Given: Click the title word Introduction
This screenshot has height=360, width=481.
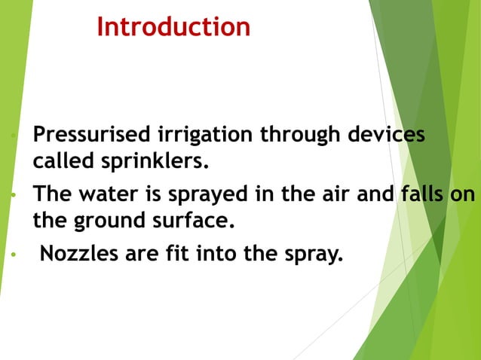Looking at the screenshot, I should [173, 28].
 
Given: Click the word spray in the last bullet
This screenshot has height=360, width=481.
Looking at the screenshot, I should [311, 255].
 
